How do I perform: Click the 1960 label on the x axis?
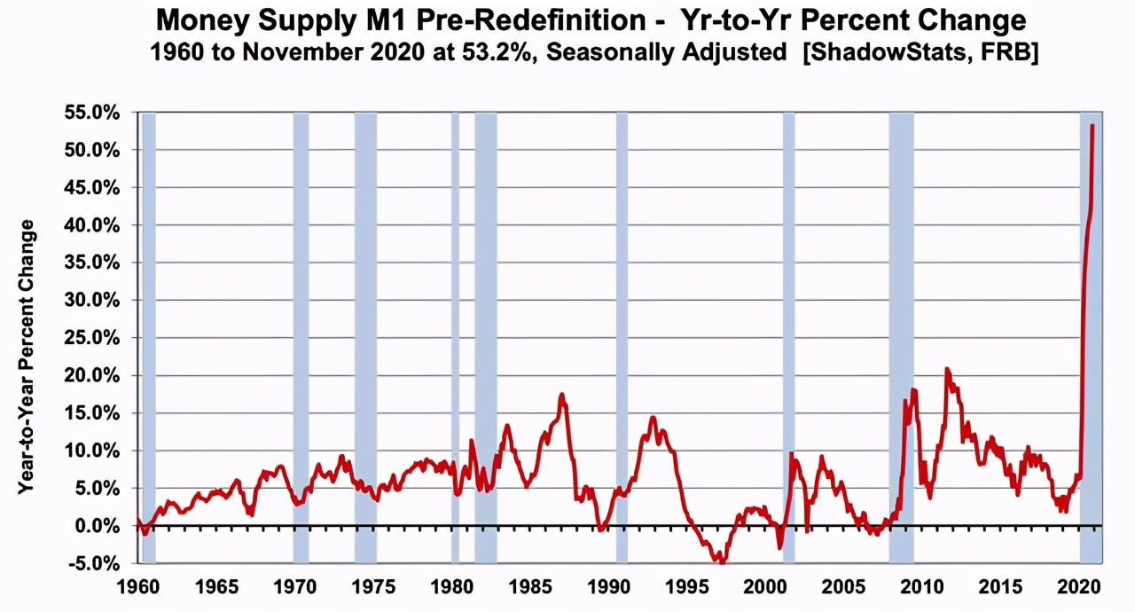139,588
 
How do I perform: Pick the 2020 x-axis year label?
1077,588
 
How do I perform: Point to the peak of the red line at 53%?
1092,125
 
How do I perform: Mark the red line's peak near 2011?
947,369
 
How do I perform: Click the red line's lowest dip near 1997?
723,561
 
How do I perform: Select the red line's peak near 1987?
561,395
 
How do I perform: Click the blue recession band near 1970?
301,337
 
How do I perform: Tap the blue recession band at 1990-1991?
622,337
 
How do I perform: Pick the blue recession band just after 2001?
788,337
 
